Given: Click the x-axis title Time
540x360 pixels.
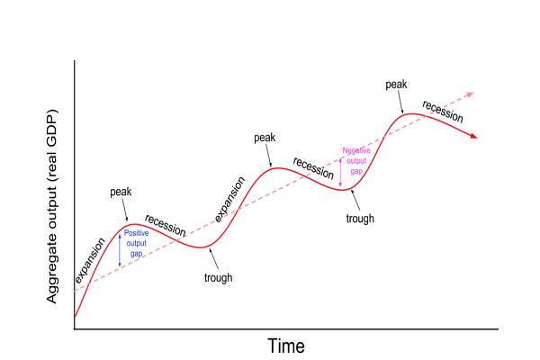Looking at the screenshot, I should [286, 346].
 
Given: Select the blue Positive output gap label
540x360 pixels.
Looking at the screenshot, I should [136, 243].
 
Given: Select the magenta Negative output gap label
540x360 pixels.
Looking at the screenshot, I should [356, 160].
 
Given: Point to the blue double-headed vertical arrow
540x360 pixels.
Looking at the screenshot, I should [120, 249].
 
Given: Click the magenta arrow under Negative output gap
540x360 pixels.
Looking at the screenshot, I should [340, 170].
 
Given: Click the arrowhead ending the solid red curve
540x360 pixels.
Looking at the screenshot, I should [473, 136].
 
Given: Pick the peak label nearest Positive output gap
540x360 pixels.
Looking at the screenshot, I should [121, 193].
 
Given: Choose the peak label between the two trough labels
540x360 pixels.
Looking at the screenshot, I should [265, 138].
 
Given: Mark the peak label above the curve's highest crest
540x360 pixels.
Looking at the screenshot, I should [396, 85].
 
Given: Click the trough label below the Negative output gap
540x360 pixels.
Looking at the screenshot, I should [360, 218].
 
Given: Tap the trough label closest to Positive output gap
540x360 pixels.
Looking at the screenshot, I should [218, 277].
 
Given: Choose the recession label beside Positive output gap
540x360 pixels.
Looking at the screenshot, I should [165, 226].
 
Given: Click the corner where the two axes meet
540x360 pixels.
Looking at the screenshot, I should [74, 328].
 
